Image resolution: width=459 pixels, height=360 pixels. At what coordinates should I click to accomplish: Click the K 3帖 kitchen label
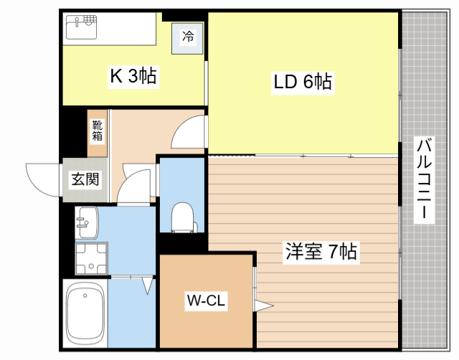point(133,75)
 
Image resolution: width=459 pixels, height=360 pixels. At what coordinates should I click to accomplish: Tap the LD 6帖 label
point(302,82)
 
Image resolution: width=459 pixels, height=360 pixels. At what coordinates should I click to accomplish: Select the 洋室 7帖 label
point(321,252)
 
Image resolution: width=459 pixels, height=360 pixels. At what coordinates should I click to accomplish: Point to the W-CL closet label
point(206,301)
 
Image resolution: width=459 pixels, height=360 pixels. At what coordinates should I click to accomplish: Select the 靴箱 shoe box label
point(98,132)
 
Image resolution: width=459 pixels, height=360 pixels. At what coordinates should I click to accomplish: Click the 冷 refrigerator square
point(187,37)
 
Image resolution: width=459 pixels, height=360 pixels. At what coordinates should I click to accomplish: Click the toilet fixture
point(184,217)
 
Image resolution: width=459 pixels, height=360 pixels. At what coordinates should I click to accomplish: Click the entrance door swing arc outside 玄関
point(42,178)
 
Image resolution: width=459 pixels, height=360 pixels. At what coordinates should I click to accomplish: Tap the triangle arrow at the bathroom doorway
point(148,285)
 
